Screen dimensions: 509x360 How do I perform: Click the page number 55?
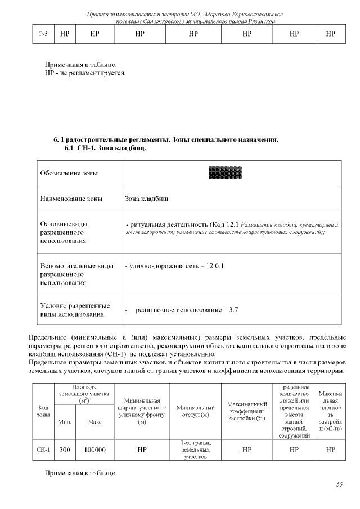pyautogui.click(x=339, y=484)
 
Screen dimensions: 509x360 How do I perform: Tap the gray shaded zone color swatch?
pyautogui.click(x=224, y=173)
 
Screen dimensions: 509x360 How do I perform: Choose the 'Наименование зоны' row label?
pyautogui.click(x=71, y=199)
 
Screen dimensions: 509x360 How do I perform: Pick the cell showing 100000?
pyautogui.click(x=94, y=450)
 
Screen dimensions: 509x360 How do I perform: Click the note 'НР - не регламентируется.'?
pyautogui.click(x=85, y=73)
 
